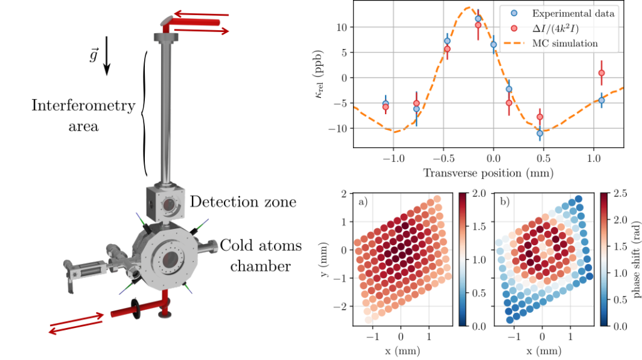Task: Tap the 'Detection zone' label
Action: (x=243, y=201)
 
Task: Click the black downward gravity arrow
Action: (x=107, y=56)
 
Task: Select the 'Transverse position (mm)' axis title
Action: (x=488, y=172)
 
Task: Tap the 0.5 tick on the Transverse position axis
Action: (x=543, y=159)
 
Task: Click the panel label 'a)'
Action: (x=363, y=202)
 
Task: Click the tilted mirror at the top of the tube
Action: (x=166, y=20)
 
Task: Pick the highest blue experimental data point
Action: (x=478, y=19)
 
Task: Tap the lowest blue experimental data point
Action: (x=539, y=133)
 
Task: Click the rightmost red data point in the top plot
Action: (x=601, y=73)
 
